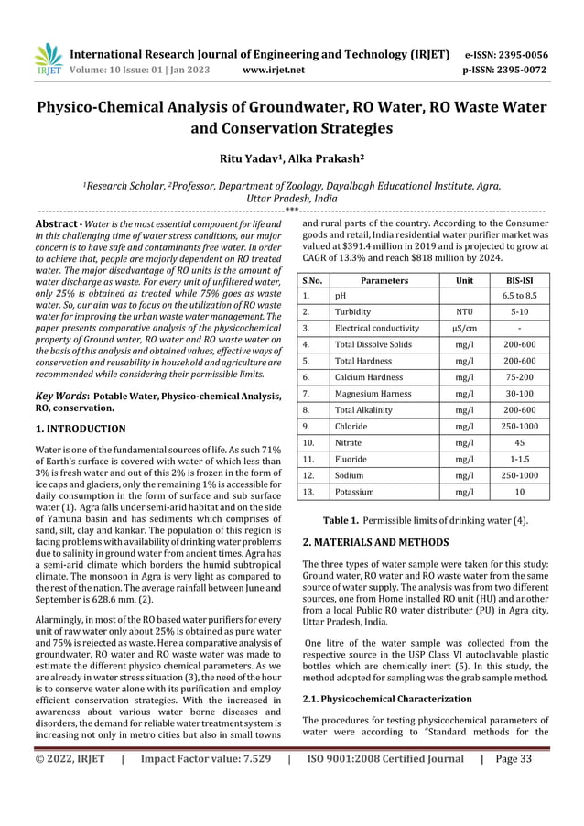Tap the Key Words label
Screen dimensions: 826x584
(61, 396)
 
